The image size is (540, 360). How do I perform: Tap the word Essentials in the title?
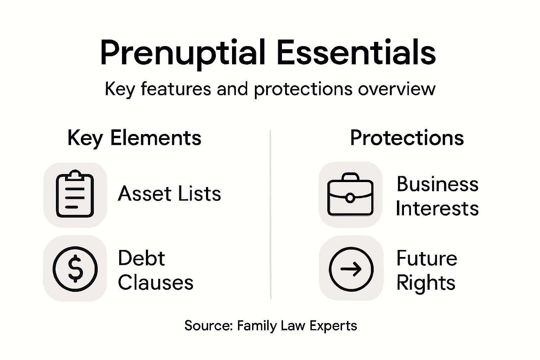[356, 53]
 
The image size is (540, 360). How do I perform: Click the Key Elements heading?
[134, 137]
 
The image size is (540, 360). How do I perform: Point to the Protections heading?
[407, 137]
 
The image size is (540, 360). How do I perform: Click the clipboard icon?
[75, 194]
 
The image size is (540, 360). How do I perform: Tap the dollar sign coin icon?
[75, 269]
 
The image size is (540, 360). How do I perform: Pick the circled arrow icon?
[351, 269]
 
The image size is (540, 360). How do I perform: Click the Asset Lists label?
[169, 194]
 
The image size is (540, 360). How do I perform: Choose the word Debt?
[141, 258]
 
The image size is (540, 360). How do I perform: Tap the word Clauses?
[155, 282]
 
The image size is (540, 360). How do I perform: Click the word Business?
[437, 184]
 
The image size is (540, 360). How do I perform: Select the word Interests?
[437, 208]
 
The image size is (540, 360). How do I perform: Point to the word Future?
[426, 258]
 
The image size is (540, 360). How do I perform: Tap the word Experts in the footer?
[334, 326]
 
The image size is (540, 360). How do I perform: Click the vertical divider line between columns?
[270, 214]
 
